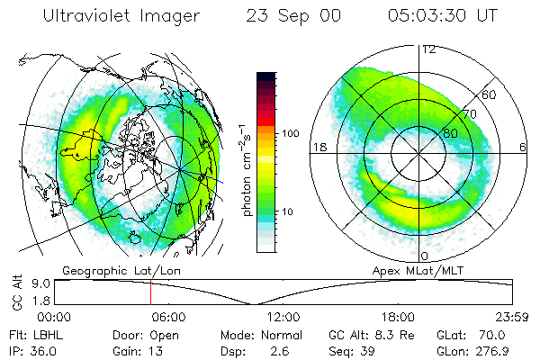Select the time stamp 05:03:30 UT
pos(442,16)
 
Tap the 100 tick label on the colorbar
pos(291,133)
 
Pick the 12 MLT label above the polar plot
pos(429,49)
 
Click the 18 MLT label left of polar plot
pos(318,147)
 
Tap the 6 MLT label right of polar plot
pos(523,147)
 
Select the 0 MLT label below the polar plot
pos(424,245)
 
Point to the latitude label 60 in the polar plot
pos(490,94)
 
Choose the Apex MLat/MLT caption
pos(416,269)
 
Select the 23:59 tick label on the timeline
pos(510,317)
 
